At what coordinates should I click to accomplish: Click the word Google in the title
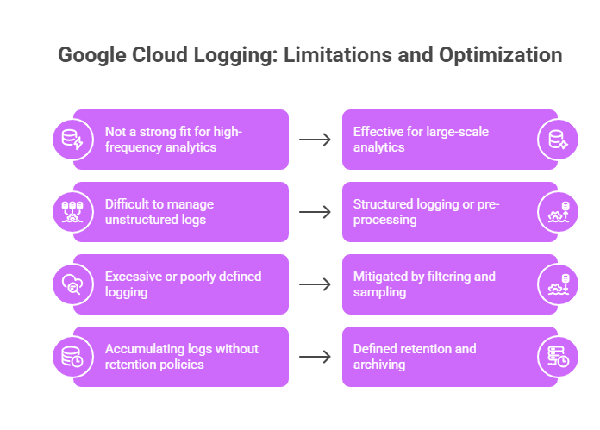point(92,55)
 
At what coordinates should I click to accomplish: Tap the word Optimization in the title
point(501,55)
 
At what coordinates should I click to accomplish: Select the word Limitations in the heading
point(338,54)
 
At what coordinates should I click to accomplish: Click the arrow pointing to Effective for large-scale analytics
point(315,140)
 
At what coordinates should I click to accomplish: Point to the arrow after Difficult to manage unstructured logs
point(315,212)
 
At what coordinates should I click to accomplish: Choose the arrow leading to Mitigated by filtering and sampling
point(315,284)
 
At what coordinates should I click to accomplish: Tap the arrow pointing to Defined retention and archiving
point(315,357)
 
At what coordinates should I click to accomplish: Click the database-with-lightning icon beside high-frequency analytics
point(72,140)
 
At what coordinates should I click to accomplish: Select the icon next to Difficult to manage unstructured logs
point(72,212)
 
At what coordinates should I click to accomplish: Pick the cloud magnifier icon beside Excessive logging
point(72,284)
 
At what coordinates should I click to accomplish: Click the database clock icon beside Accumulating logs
point(72,357)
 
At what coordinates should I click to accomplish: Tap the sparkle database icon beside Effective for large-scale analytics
point(558,140)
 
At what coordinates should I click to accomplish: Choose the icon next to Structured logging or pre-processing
point(558,212)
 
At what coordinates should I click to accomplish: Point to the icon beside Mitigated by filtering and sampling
point(558,284)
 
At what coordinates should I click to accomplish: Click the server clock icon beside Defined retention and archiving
point(558,357)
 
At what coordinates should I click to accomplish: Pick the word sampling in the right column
point(379,293)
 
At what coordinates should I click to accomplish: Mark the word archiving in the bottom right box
point(379,365)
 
